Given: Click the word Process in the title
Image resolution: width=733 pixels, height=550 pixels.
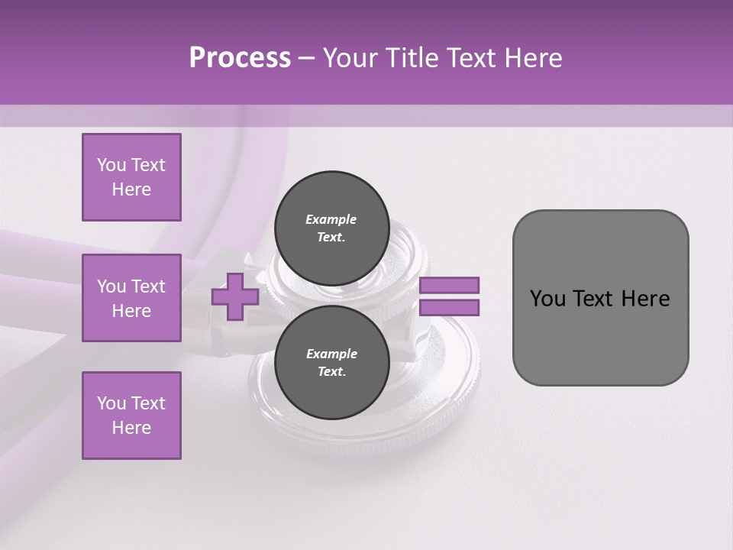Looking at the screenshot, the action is point(240,58).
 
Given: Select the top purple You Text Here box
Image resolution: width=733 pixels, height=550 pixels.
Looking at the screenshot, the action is point(131,177).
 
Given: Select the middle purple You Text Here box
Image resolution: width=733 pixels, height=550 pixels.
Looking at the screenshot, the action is point(131,298).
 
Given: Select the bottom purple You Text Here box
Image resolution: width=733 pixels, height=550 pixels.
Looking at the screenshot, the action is point(131,416).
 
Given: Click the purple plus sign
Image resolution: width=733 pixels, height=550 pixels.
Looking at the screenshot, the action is point(235,297).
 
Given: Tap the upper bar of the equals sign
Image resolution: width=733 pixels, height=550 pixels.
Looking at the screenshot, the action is point(450,285).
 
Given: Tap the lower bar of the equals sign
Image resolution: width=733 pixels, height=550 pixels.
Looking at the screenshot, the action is point(450,308).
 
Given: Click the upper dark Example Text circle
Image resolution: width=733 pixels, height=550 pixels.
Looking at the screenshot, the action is point(331,228).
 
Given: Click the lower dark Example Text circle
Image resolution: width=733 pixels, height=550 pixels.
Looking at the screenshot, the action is point(331,362).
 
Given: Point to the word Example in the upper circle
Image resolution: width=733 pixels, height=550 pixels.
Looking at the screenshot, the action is point(331,219).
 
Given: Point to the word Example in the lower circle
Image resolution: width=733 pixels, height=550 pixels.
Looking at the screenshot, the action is point(331,354).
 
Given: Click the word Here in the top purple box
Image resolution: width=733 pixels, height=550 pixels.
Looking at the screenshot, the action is point(131,189).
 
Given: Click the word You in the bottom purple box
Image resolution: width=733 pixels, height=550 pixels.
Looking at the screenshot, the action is point(111,403).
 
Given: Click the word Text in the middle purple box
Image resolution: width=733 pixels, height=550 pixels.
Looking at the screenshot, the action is point(147,286).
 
